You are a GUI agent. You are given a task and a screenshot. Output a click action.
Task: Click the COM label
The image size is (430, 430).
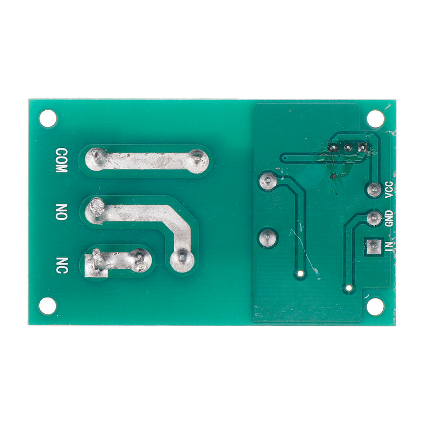click(x=61, y=160)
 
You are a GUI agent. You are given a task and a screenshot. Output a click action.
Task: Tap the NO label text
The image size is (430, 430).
click(x=61, y=212)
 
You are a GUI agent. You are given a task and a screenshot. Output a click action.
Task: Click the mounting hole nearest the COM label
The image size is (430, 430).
click(x=48, y=118)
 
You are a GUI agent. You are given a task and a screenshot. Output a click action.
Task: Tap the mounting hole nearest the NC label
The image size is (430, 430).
click(x=48, y=306)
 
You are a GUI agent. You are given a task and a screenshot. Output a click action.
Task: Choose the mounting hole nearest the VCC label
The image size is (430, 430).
click(x=376, y=118)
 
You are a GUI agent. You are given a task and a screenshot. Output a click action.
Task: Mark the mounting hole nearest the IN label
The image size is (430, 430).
click(x=376, y=306)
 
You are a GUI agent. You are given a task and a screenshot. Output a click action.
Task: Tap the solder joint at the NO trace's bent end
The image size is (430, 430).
click(x=182, y=259)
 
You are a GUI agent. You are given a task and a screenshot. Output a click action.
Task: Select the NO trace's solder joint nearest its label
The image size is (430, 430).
click(x=97, y=207)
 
